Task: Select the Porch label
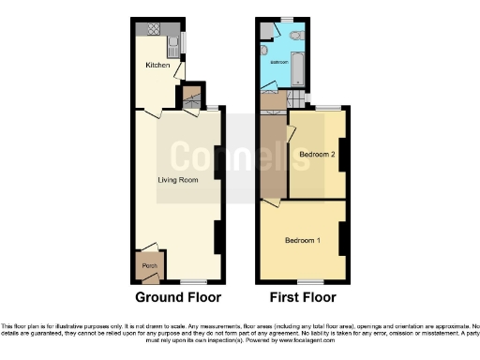coord(148,266)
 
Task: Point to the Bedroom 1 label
coord(303,241)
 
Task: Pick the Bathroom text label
coord(279,62)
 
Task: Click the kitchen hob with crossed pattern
coord(154,30)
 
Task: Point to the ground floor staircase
coord(194,94)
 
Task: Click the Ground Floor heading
coord(178,298)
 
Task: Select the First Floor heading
coord(302,298)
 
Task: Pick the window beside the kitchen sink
coord(184,43)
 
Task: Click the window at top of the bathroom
coord(287,19)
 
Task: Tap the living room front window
coord(193,281)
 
